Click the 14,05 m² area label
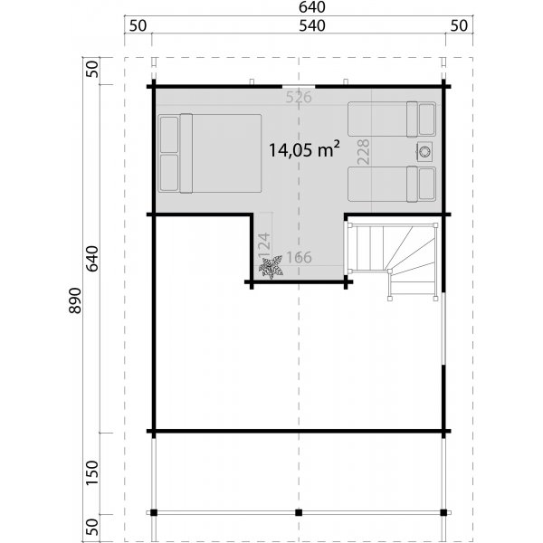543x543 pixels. [x=304, y=150]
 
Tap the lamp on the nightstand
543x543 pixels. [x=424, y=151]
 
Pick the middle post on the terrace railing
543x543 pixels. [x=298, y=513]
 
